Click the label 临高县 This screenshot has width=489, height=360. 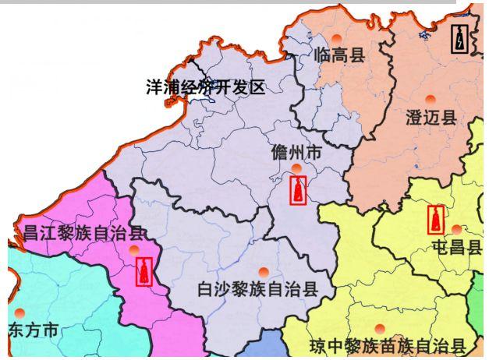tap(339, 55)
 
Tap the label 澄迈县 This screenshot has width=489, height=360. tap(431, 118)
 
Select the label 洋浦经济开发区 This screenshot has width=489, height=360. tap(206, 86)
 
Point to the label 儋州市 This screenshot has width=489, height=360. tap(296, 152)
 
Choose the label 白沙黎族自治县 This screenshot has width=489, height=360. tap(258, 290)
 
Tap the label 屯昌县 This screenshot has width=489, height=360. tap(456, 247)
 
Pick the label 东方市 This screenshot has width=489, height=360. tap(34, 330)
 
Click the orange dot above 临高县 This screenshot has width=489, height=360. tap(336, 38)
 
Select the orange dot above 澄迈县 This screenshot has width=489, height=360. tap(430, 99)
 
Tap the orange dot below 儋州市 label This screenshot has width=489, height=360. tap(296, 168)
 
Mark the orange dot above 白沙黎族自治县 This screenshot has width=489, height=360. tap(264, 272)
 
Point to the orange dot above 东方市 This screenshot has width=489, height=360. tap(20, 312)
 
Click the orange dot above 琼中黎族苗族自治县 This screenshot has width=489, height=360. tap(380, 328)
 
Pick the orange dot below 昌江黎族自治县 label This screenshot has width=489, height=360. tap(134, 249)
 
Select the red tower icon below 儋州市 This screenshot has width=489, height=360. tap(298, 190)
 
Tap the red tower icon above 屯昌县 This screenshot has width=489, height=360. tap(437, 219)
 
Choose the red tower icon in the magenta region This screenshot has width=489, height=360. tap(144, 271)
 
